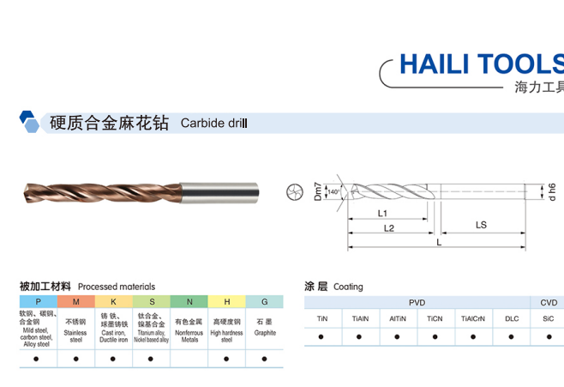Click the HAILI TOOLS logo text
pos(481,64)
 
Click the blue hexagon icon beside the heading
pos(29,122)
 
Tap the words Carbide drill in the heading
pos(213,123)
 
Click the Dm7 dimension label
pos(316,190)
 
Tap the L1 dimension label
pos(382,213)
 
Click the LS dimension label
pos(481,225)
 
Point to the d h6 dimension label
pos(553,191)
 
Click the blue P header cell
pos(38,302)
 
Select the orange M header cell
pos(75,302)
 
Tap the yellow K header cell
pos(113,302)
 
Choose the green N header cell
pos(189,302)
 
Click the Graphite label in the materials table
pos(265,333)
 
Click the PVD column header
pos(417,302)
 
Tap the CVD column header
pos(549,302)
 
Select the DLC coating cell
pos(512,318)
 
